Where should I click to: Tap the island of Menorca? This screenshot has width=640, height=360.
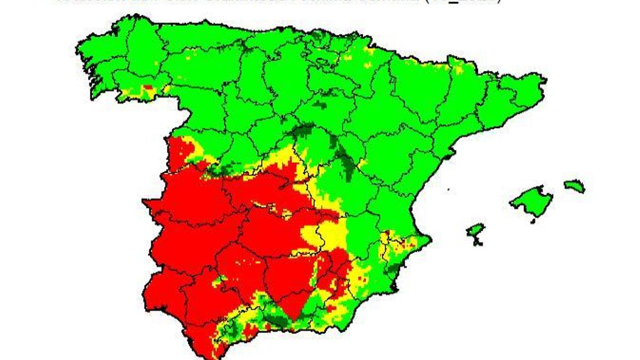[574, 186]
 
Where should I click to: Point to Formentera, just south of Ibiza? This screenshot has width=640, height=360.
[478, 243]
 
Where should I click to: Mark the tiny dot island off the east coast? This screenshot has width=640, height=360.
[448, 189]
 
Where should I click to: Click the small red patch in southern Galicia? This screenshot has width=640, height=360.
[148, 87]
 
